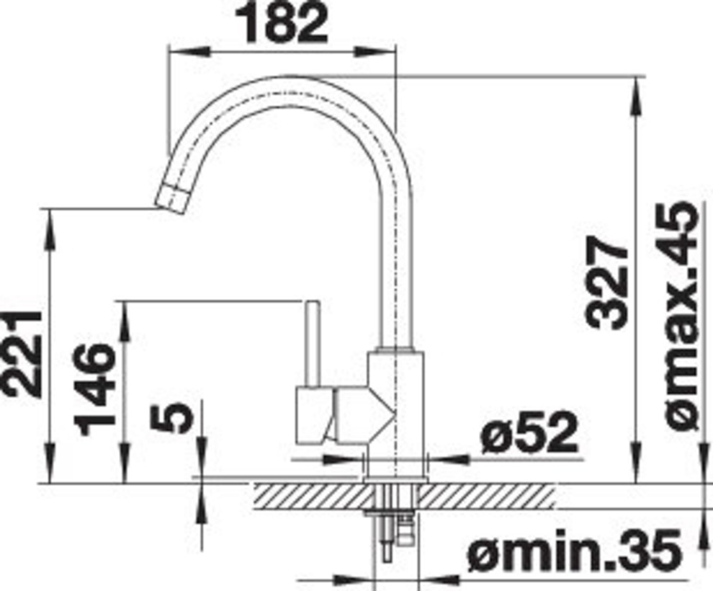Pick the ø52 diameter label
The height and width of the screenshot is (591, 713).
[x=529, y=432]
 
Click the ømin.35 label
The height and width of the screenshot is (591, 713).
[x=575, y=552]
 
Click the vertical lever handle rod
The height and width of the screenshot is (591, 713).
[x=312, y=345]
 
